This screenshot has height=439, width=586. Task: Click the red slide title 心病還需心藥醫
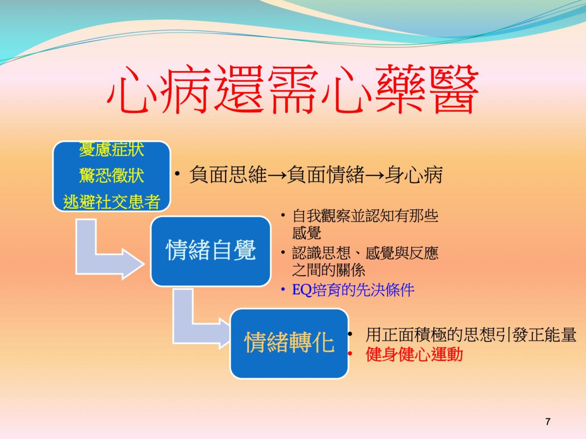[x=293, y=89]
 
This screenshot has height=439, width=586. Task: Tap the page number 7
[x=548, y=421]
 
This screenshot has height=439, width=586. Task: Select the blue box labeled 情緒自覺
[x=210, y=251]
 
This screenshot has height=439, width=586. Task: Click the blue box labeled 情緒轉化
[x=290, y=343]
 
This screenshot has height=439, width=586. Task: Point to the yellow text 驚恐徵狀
[x=112, y=176]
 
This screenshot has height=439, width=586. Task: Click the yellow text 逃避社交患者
[x=112, y=201]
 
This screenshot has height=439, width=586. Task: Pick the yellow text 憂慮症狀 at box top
[x=112, y=149]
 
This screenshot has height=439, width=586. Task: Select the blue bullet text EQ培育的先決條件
[x=353, y=290]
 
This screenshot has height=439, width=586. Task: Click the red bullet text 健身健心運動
[x=414, y=355]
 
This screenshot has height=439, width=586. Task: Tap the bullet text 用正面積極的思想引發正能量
[x=471, y=335]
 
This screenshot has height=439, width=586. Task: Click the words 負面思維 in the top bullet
[x=228, y=175]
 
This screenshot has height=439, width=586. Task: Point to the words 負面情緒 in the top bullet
[x=326, y=175]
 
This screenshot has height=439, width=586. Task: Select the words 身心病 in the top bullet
[x=414, y=175]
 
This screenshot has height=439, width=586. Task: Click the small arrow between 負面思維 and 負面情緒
[x=277, y=176]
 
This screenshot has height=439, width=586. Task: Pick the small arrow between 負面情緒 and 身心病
[x=375, y=176]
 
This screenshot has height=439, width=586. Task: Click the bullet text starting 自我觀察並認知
[x=365, y=224]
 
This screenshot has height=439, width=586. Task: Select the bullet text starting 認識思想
[x=365, y=261]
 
